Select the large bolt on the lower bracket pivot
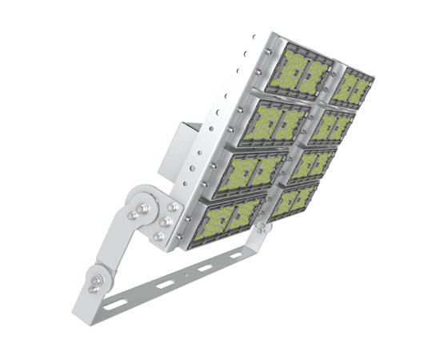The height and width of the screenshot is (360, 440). click(x=98, y=279)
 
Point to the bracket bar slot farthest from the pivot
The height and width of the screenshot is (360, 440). click(x=237, y=254)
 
